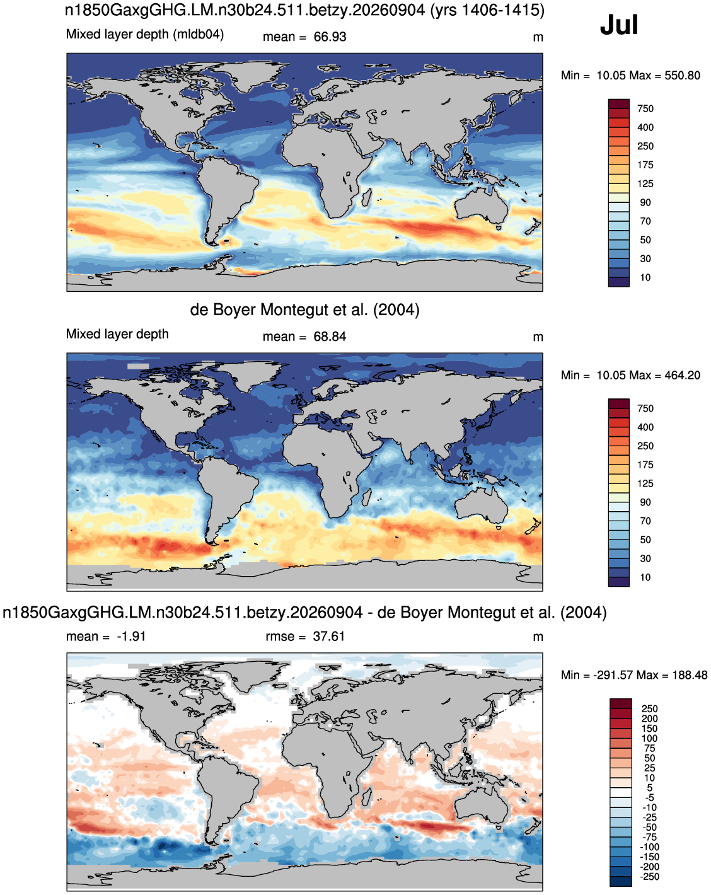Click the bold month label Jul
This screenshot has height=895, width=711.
tap(618, 25)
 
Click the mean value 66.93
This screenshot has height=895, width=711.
tap(330, 37)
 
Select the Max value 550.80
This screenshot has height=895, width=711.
tap(682, 75)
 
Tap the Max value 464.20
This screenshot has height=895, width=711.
tap(682, 375)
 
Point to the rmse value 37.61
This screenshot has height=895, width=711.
tap(328, 637)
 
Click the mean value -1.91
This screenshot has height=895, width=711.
tap(131, 637)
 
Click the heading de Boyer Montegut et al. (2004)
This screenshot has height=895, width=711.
tap(304, 310)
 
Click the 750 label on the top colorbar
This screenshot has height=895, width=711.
tap(645, 108)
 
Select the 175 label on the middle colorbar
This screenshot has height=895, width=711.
tap(645, 465)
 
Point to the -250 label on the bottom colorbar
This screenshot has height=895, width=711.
tap(650, 876)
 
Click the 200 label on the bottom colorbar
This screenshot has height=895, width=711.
tap(649, 719)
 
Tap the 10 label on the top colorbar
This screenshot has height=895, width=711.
tap(645, 277)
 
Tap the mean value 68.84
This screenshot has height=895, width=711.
tap(330, 337)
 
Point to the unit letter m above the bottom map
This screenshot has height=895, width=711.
tap(538, 637)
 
